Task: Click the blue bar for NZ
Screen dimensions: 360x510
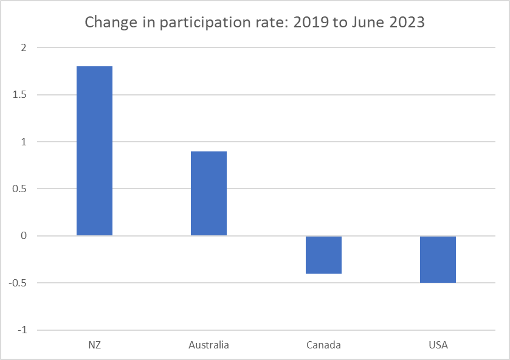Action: (x=94, y=151)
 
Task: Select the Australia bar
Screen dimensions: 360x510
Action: (x=208, y=193)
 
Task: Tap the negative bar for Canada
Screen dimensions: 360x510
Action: (x=323, y=255)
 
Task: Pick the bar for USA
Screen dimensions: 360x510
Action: (x=438, y=259)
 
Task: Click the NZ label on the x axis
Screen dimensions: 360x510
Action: (x=94, y=345)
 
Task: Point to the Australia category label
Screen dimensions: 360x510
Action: (x=208, y=345)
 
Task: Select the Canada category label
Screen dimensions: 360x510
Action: (x=323, y=345)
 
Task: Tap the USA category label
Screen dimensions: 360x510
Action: (x=438, y=345)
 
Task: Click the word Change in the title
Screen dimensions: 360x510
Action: (x=105, y=23)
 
